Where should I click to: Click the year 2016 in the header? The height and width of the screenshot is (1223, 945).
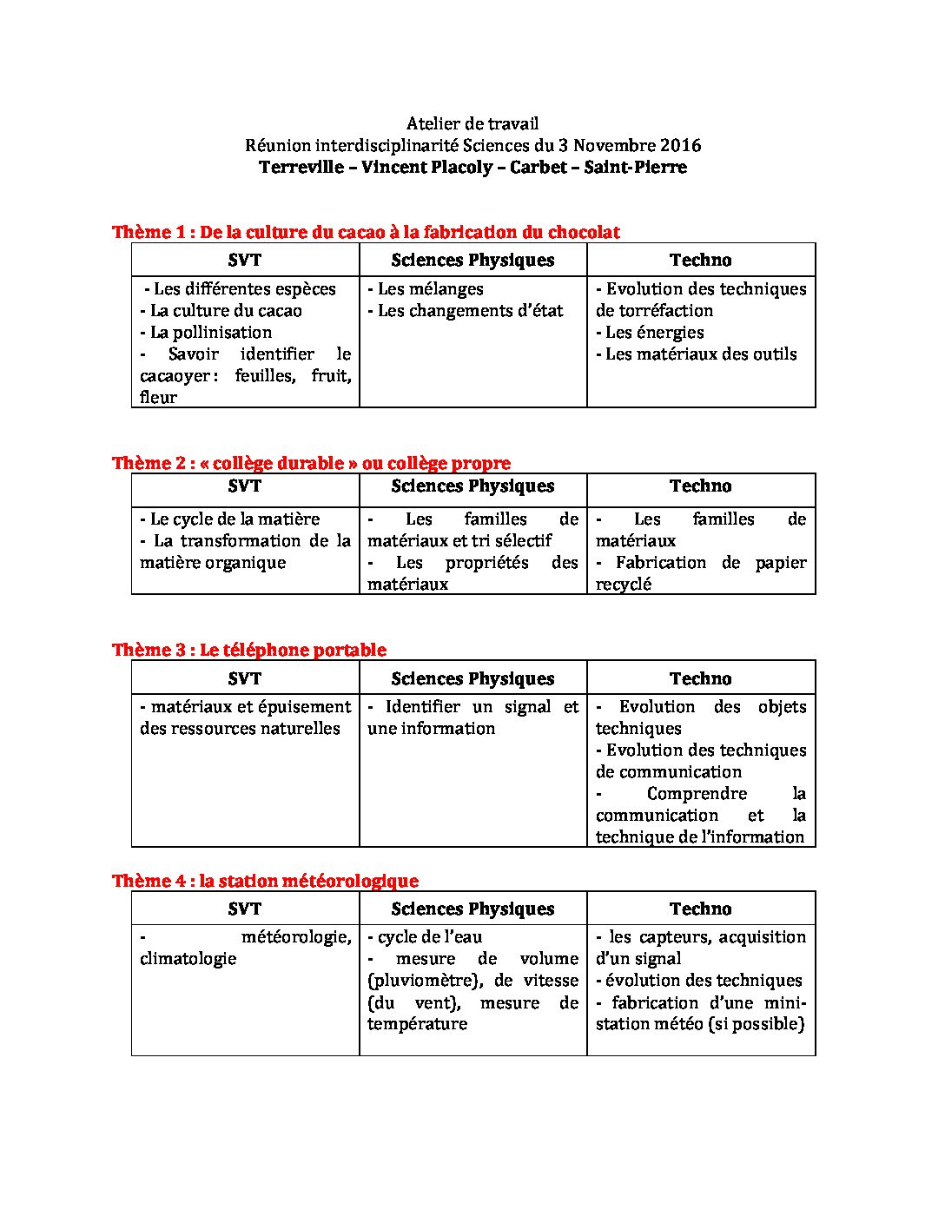[680, 146]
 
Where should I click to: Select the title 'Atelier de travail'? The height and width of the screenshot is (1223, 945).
[472, 124]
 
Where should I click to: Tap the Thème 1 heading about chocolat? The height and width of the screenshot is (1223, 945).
[366, 232]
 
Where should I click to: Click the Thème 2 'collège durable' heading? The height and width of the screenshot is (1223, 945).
[311, 463]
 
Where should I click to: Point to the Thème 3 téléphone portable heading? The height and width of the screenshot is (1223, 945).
[249, 650]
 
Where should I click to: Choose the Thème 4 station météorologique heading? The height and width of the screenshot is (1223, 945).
[265, 881]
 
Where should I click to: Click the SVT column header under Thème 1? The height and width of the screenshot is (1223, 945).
[245, 261]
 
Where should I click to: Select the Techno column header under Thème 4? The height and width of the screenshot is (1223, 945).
[700, 909]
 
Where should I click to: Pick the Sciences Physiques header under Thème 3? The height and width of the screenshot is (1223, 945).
[472, 679]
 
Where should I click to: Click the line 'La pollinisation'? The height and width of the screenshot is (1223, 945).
[206, 333]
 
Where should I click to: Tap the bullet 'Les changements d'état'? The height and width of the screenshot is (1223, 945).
[466, 311]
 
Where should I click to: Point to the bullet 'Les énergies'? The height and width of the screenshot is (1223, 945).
[650, 333]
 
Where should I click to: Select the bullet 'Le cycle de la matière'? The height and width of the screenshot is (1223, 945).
[230, 519]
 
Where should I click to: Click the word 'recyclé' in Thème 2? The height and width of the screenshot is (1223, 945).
[623, 585]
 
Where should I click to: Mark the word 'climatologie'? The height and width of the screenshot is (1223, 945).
[188, 959]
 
